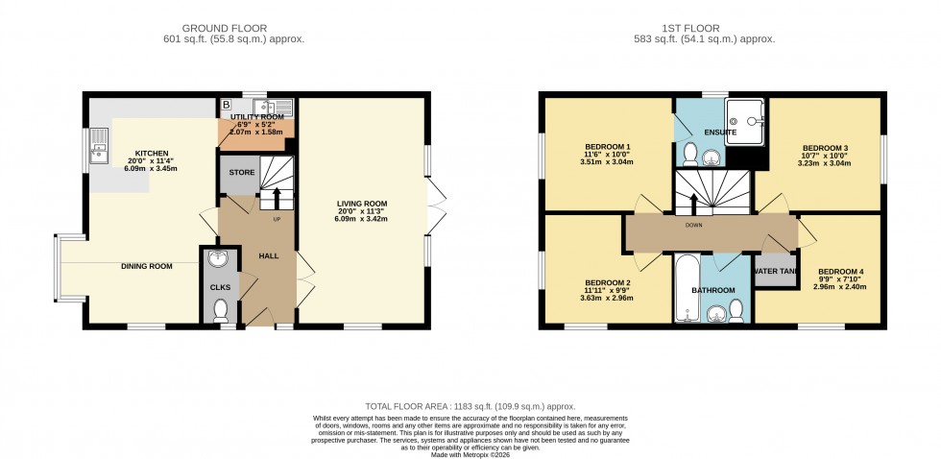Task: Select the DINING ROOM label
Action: point(146,266)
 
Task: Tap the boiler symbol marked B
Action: point(227,104)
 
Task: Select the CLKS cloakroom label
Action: point(220,286)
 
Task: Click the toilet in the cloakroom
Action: point(221,310)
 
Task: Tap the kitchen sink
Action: point(97,151)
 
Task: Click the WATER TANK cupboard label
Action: point(776,272)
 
